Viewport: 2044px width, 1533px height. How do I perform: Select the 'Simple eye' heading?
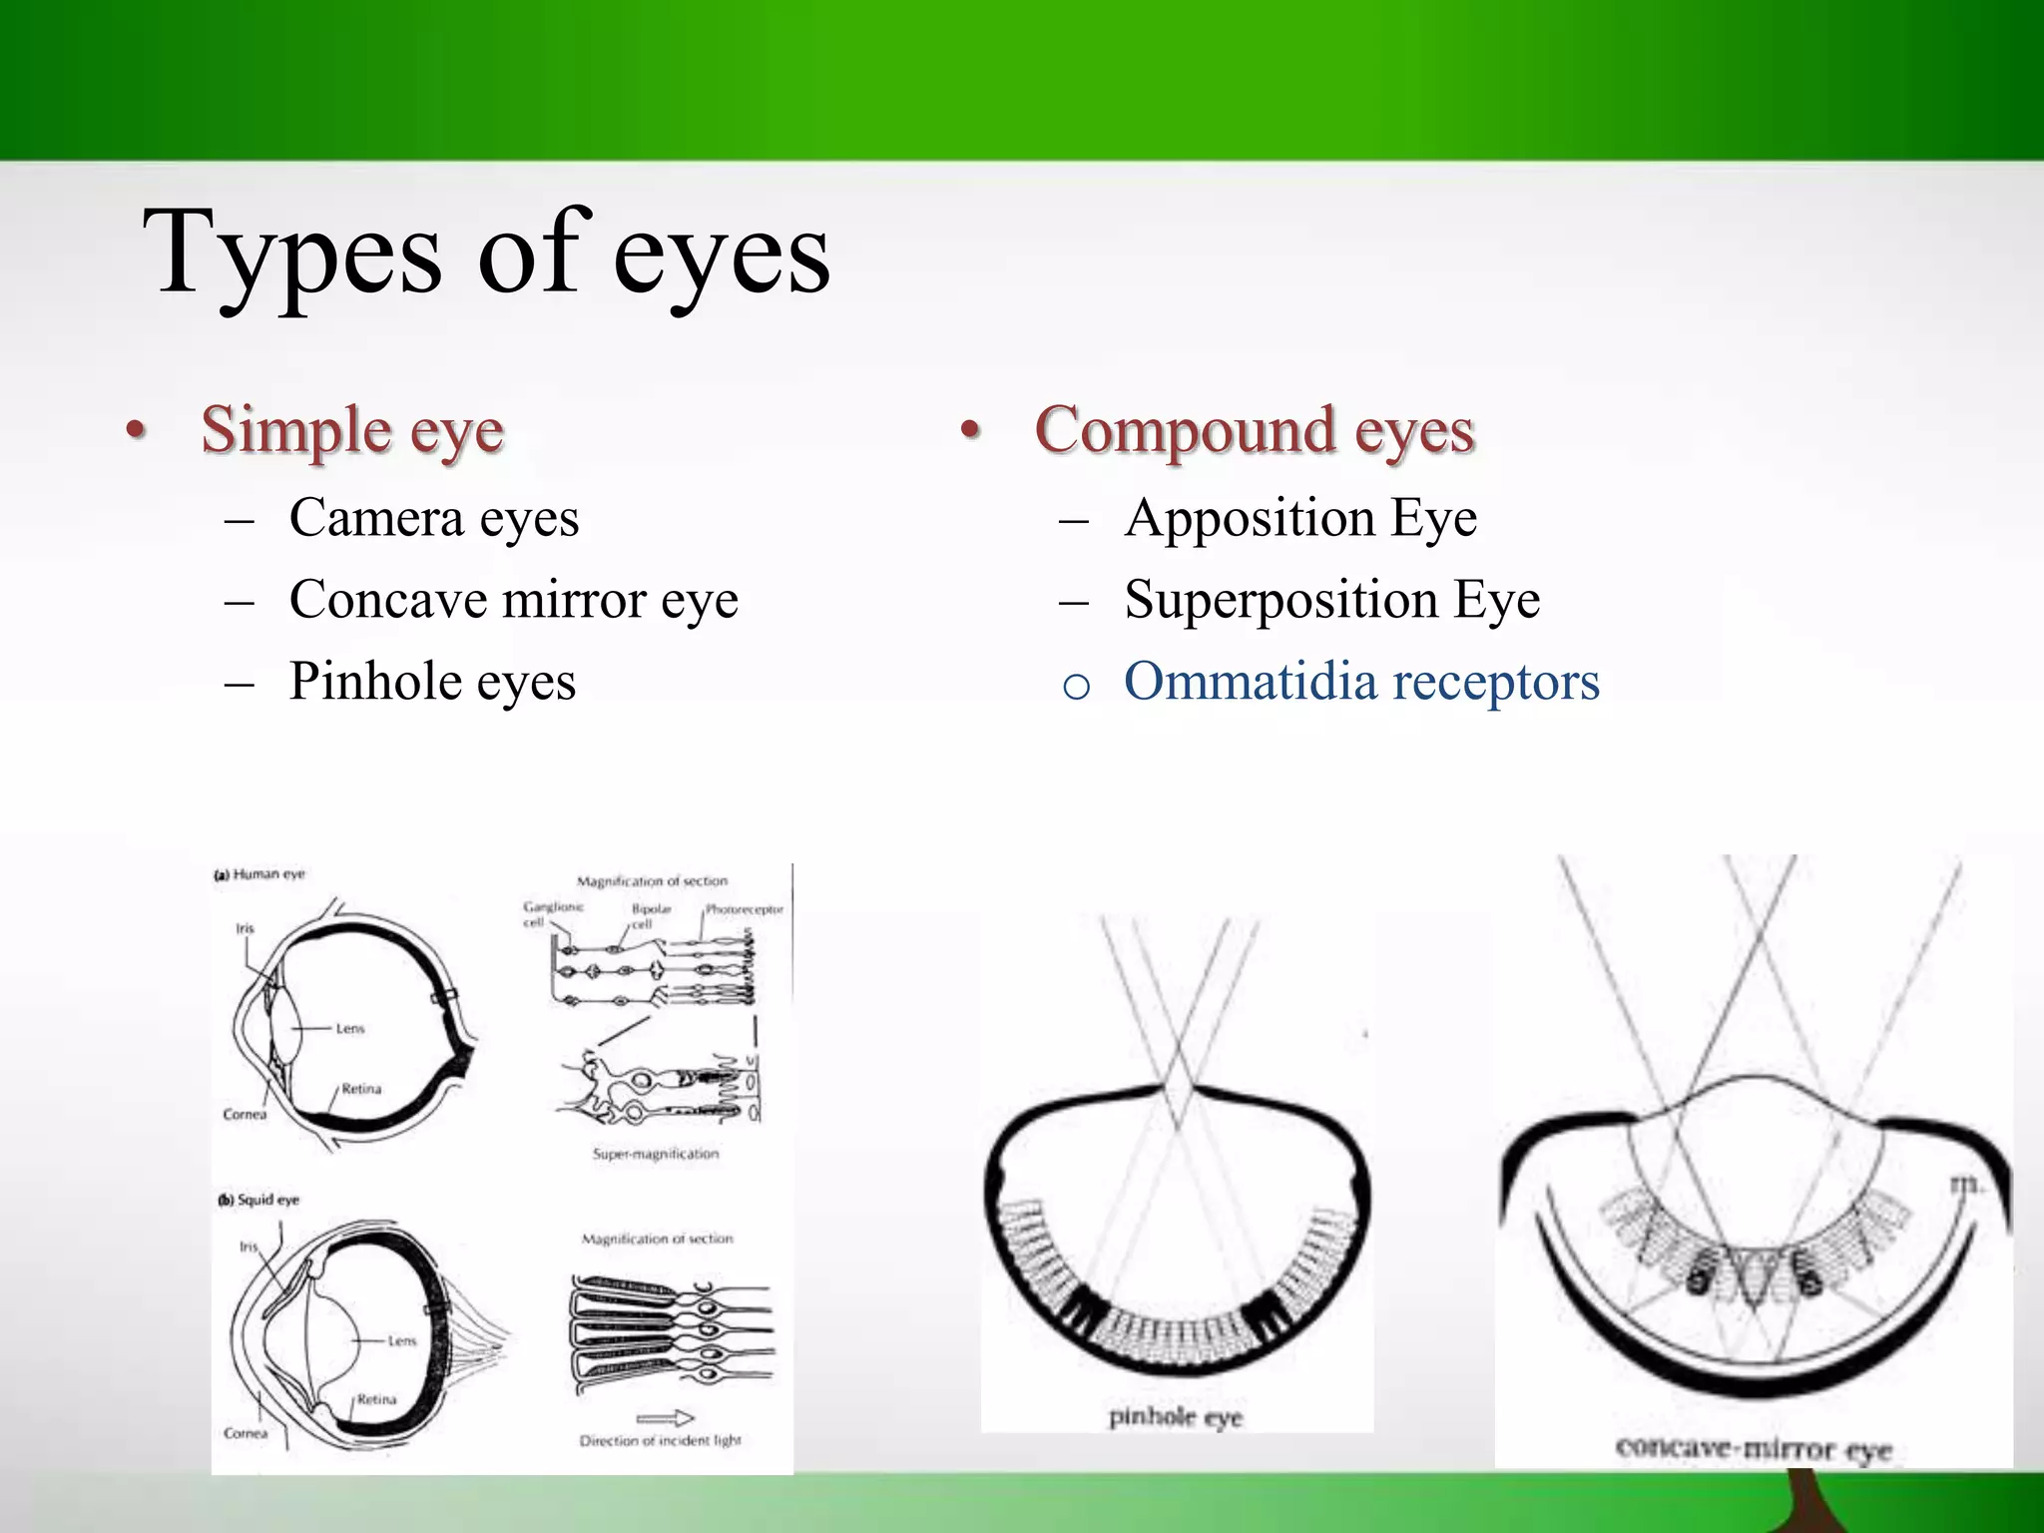click(352, 431)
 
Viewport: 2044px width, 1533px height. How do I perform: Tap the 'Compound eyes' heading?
click(1255, 431)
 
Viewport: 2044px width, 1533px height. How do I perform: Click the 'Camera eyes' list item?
click(434, 518)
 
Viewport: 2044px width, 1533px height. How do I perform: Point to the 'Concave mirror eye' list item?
click(513, 600)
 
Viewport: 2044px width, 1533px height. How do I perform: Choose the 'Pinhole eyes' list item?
click(432, 682)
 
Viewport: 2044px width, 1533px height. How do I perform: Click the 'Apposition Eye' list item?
click(1300, 518)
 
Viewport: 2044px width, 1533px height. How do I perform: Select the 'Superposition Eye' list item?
click(1331, 600)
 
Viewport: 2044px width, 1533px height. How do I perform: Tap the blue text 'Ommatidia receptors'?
click(1361, 682)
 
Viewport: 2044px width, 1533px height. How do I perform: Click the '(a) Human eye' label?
click(260, 874)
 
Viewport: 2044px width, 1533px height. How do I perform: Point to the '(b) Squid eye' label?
click(259, 1200)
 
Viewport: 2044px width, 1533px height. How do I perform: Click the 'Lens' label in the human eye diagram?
click(350, 1028)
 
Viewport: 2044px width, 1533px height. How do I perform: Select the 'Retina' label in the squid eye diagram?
click(376, 1399)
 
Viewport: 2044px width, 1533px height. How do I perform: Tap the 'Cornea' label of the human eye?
click(245, 1114)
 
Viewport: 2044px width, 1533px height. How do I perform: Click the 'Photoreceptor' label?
click(745, 909)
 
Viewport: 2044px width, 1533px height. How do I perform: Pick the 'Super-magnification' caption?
click(656, 1154)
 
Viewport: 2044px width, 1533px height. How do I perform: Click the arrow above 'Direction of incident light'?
click(665, 1418)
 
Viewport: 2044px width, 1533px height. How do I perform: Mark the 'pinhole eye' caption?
click(1176, 1417)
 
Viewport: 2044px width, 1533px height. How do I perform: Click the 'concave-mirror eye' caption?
click(1754, 1448)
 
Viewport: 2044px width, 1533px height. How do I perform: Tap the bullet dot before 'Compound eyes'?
click(968, 431)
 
